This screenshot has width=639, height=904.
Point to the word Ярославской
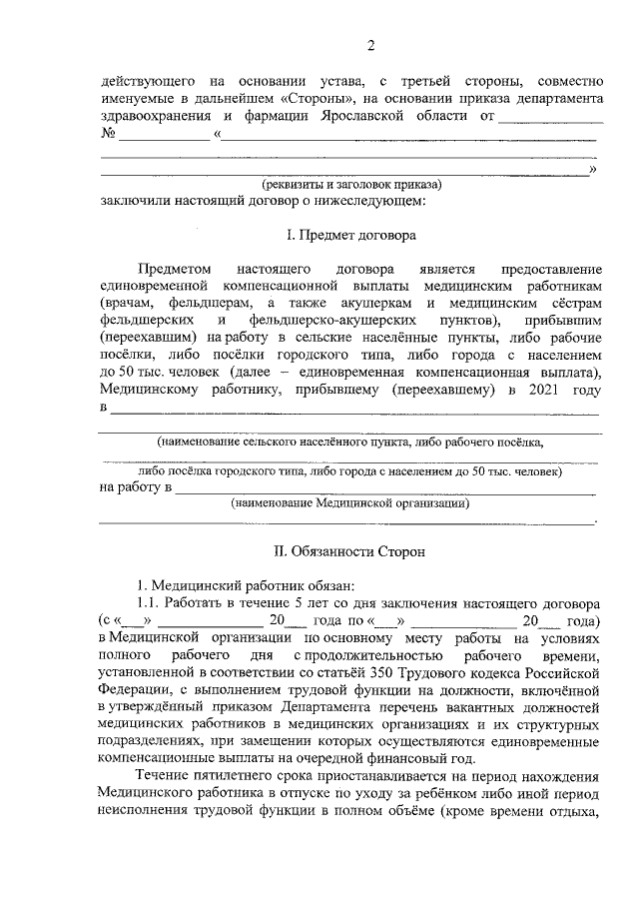click(385, 117)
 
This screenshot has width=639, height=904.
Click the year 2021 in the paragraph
click(548, 389)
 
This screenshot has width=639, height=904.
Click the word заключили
click(134, 202)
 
